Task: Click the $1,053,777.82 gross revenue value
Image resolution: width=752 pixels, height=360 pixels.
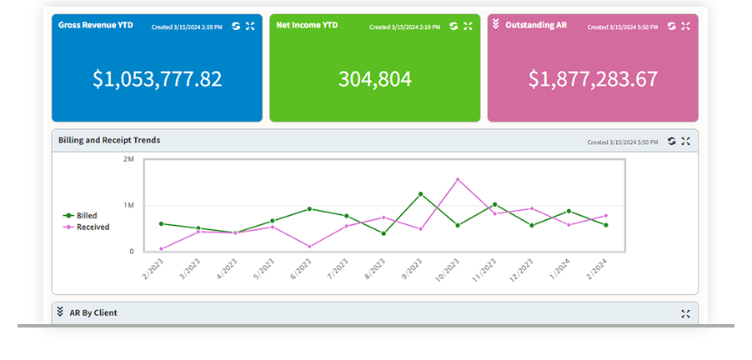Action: click(x=157, y=79)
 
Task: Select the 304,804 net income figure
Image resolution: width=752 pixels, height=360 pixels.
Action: click(x=374, y=79)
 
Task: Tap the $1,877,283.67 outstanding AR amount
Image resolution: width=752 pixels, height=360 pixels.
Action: click(x=593, y=79)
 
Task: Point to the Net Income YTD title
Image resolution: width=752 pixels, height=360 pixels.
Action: click(x=306, y=26)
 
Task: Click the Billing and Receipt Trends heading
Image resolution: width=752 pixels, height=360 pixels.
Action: click(x=109, y=140)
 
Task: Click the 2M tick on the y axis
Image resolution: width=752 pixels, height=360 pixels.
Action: click(x=128, y=158)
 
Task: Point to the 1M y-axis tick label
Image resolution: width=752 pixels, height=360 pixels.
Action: click(x=128, y=205)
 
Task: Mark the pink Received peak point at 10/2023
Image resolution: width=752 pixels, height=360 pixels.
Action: click(x=458, y=179)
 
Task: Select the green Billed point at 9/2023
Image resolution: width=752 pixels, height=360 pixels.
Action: click(x=420, y=194)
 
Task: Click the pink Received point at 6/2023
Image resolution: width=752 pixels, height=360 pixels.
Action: click(x=309, y=246)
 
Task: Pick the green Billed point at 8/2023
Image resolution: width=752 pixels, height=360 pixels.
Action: click(x=384, y=233)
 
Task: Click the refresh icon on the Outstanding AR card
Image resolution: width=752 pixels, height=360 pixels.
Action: click(x=671, y=26)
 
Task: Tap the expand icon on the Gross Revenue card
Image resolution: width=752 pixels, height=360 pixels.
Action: click(x=249, y=26)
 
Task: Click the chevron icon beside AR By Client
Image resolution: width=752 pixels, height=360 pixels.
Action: click(x=60, y=312)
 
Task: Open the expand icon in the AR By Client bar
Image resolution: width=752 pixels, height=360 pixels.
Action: click(x=685, y=313)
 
